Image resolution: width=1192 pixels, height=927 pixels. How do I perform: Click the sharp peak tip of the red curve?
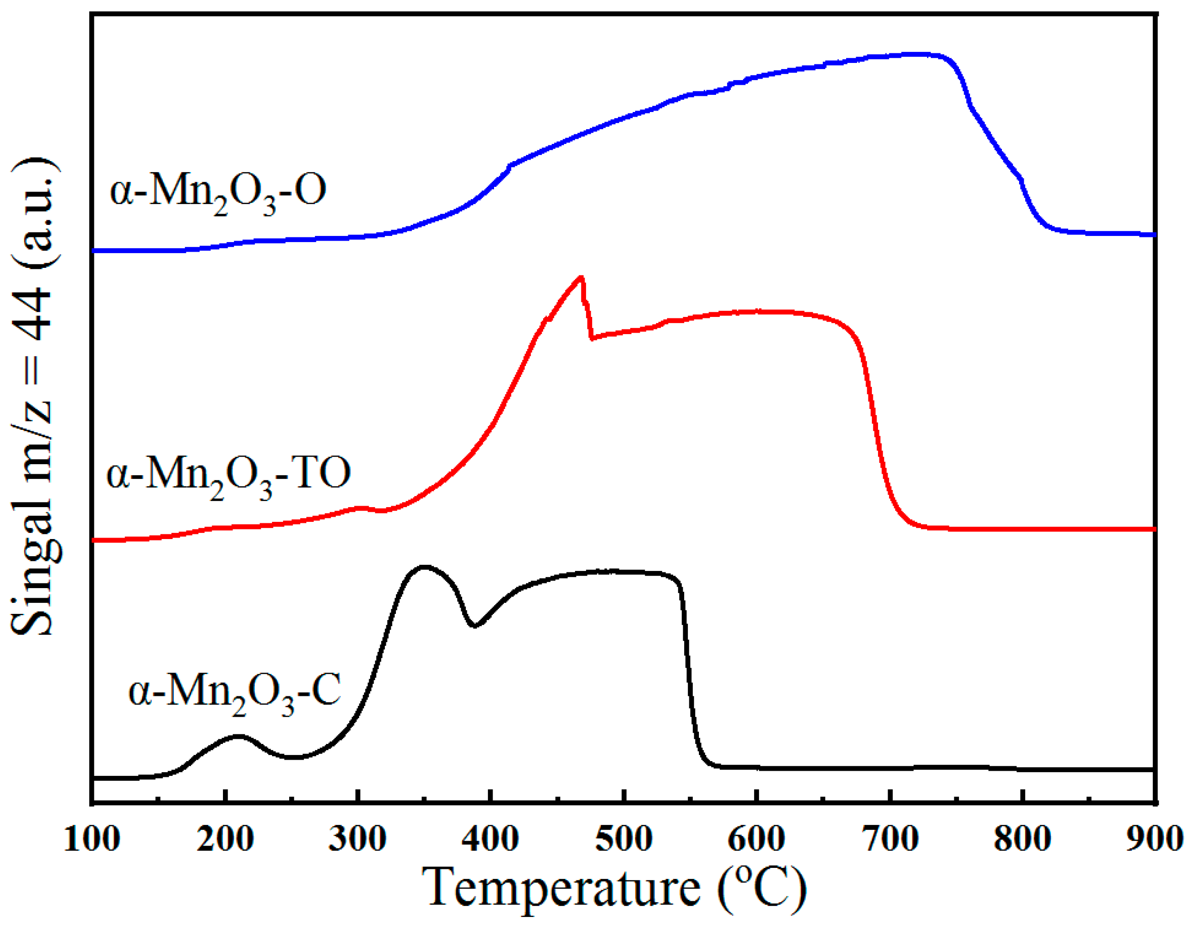click(582, 277)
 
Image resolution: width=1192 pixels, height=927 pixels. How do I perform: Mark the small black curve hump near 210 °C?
click(238, 736)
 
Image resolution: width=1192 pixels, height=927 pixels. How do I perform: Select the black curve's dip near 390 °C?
click(475, 626)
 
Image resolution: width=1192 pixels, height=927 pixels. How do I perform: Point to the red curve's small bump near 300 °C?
click(360, 508)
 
